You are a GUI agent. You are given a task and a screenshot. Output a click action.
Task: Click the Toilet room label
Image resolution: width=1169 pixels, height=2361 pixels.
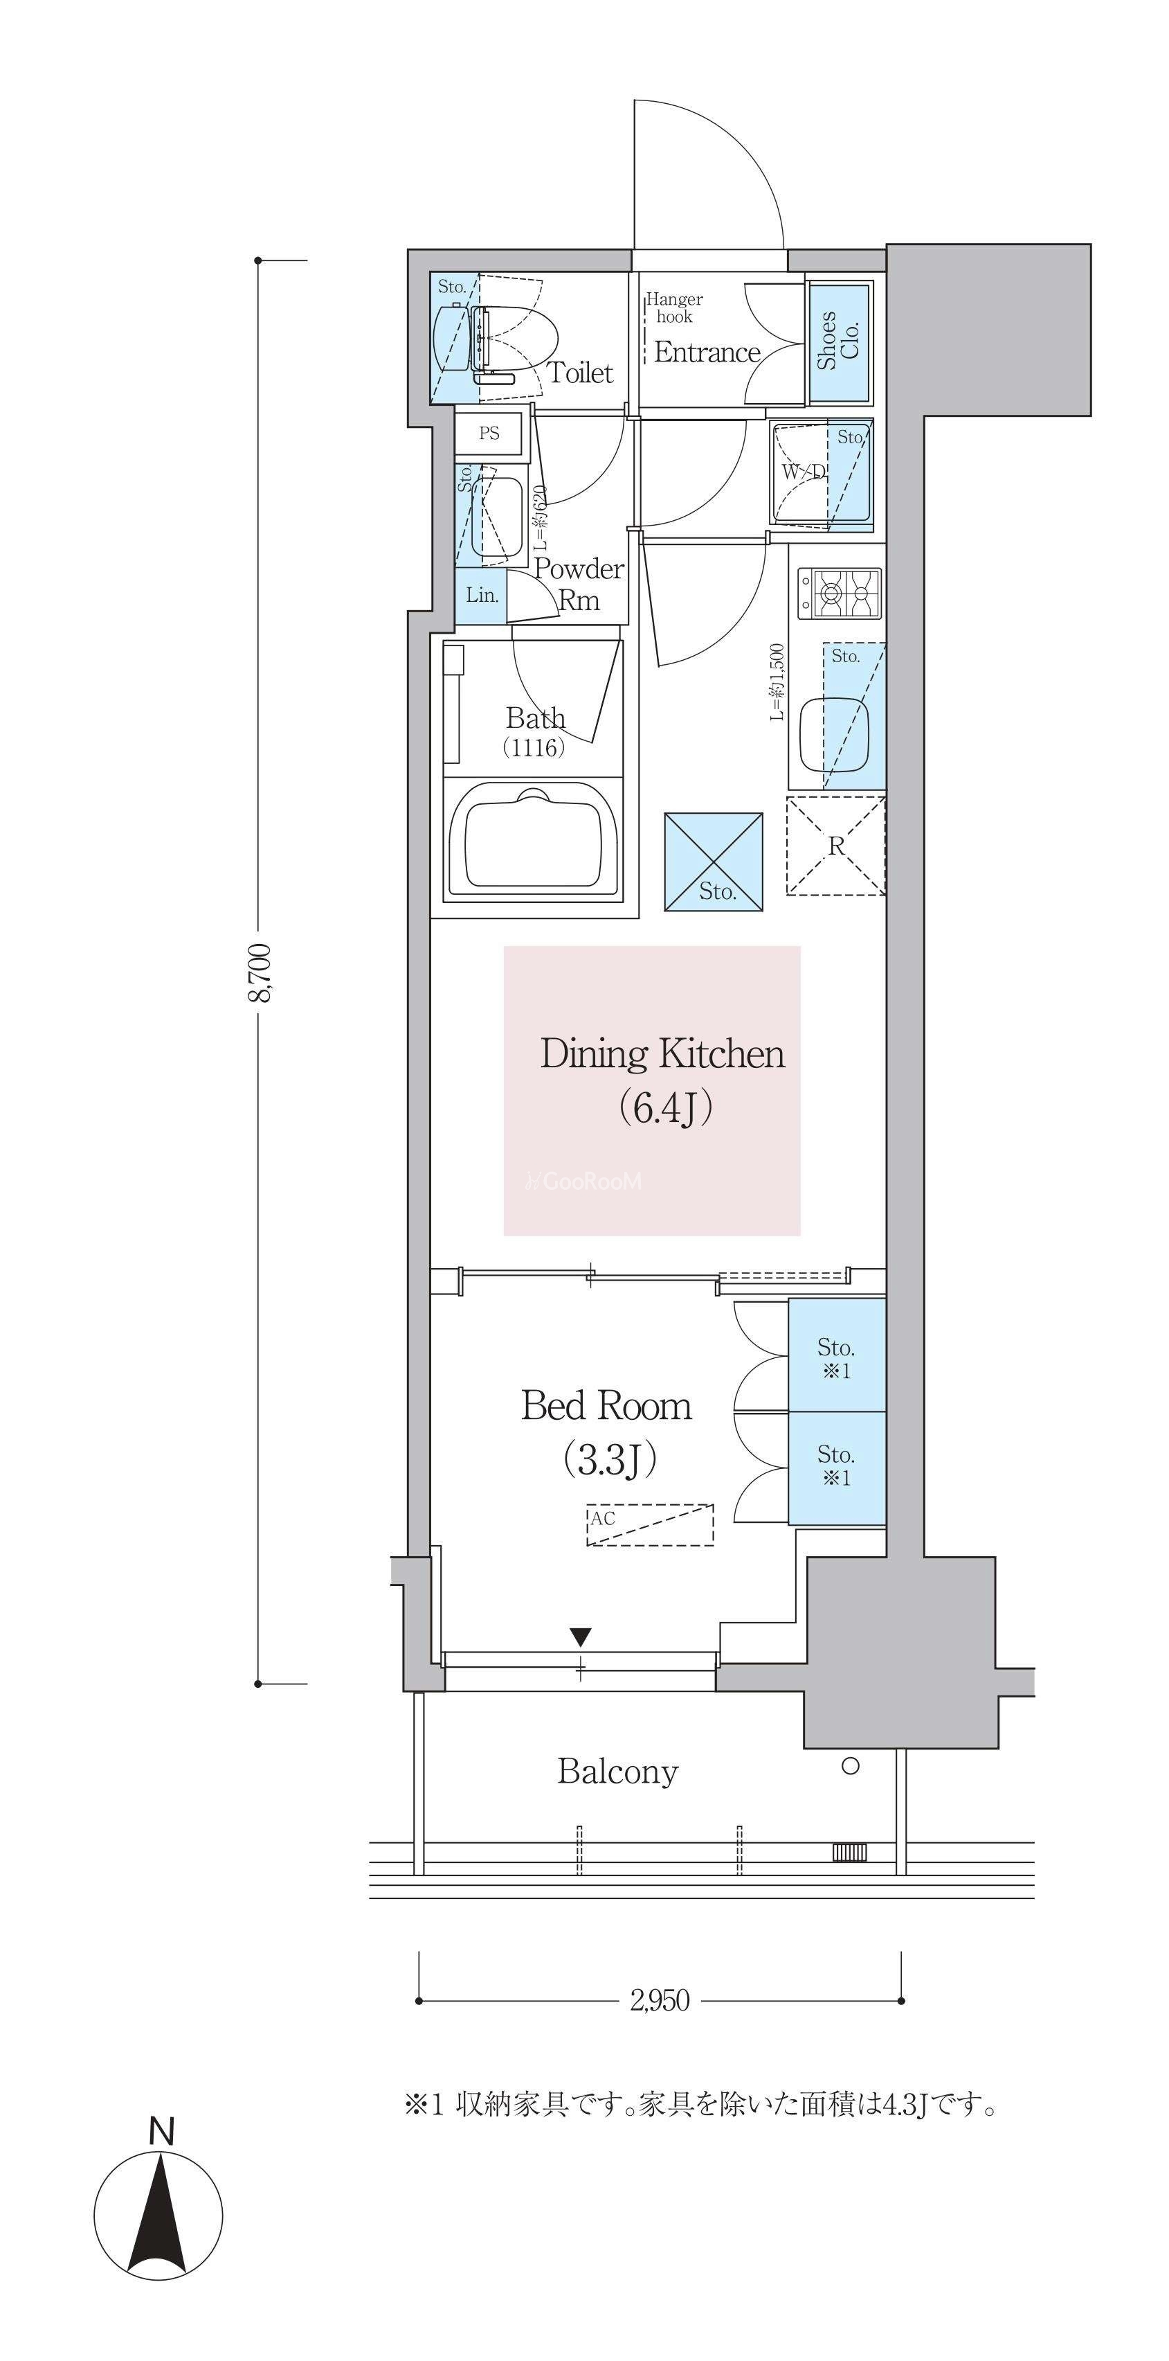pyautogui.click(x=580, y=373)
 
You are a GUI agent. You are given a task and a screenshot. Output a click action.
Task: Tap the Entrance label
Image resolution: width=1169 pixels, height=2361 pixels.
pyautogui.click(x=707, y=352)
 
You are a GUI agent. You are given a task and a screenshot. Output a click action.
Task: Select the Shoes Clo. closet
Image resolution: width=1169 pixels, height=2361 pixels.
pyautogui.click(x=839, y=341)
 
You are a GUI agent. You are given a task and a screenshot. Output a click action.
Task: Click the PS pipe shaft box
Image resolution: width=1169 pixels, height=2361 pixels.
pyautogui.click(x=489, y=433)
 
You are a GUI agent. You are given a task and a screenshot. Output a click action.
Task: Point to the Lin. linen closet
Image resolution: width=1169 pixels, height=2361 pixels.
pyautogui.click(x=482, y=595)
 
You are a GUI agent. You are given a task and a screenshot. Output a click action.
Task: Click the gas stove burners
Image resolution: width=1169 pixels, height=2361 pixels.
pyautogui.click(x=838, y=591)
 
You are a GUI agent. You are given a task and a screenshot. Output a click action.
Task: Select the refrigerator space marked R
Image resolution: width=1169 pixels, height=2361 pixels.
pyautogui.click(x=835, y=845)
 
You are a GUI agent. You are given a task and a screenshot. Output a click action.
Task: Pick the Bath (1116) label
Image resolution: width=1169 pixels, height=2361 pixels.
pyautogui.click(x=535, y=731)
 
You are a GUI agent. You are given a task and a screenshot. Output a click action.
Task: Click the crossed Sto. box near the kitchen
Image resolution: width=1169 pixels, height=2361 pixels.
pyautogui.click(x=714, y=862)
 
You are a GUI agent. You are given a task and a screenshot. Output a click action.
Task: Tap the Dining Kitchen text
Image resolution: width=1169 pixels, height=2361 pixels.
pyautogui.click(x=662, y=1053)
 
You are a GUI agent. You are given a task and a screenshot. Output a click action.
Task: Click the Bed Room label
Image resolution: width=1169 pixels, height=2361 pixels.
pyautogui.click(x=606, y=1405)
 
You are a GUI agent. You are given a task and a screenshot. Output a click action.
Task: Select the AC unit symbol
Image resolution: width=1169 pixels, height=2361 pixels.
pyautogui.click(x=649, y=1524)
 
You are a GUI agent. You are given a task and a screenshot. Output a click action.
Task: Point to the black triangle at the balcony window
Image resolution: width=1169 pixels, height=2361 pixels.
pyautogui.click(x=581, y=1636)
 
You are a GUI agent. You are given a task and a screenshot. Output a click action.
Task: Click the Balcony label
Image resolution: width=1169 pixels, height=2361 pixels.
pyautogui.click(x=617, y=1771)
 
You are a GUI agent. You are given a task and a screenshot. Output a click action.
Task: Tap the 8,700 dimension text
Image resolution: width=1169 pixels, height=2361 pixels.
pyautogui.click(x=260, y=972)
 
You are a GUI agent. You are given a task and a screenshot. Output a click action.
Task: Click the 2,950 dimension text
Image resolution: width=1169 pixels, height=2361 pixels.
pyautogui.click(x=660, y=1999)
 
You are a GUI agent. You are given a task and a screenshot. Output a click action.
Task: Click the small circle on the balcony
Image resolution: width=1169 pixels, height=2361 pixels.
pyautogui.click(x=850, y=1766)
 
